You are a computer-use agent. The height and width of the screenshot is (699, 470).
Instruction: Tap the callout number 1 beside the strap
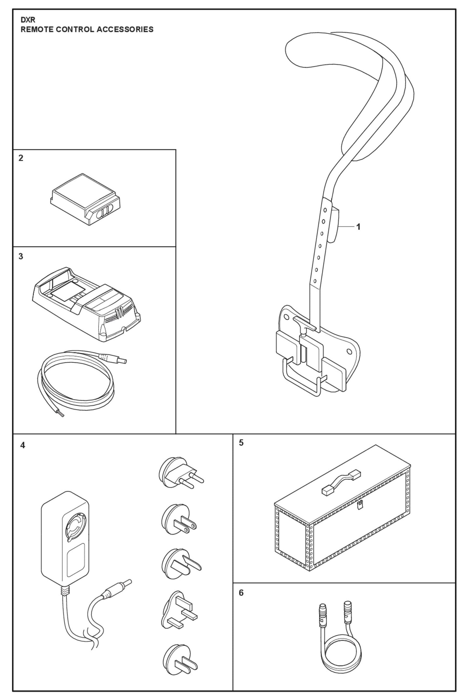[358, 227]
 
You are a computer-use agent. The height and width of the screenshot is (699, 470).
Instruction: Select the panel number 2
[21, 158]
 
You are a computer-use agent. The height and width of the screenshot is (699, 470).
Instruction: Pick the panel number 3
[21, 256]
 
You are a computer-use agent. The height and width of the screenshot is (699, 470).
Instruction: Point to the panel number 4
[22, 445]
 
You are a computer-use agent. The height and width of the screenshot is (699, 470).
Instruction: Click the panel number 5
[241, 443]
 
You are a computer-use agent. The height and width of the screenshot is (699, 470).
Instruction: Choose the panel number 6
[241, 593]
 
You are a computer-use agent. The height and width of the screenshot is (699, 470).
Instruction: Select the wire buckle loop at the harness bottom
[301, 379]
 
